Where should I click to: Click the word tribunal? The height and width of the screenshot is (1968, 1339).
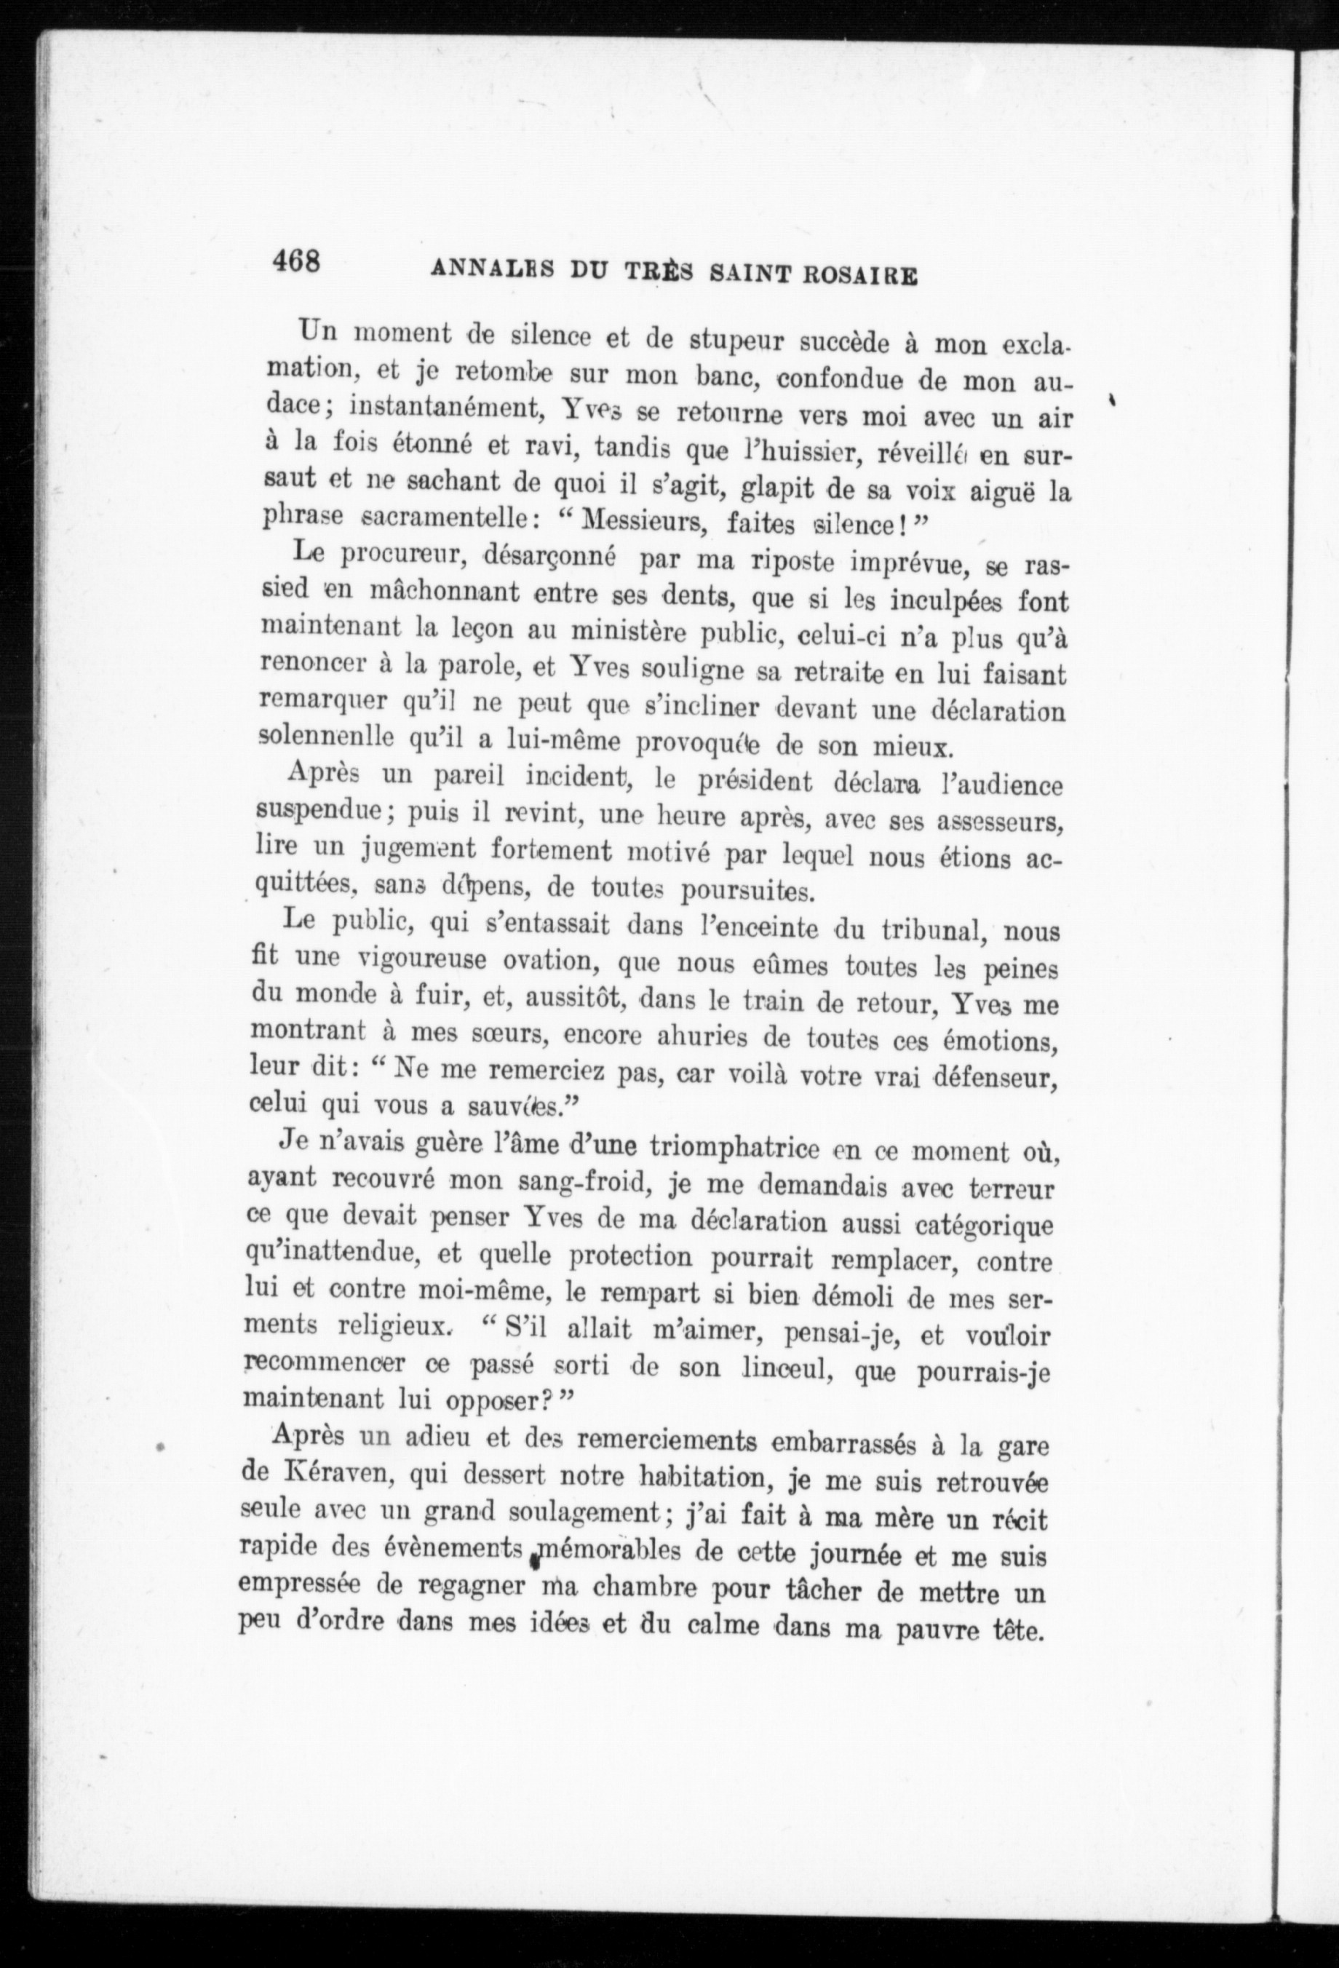tap(931, 930)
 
